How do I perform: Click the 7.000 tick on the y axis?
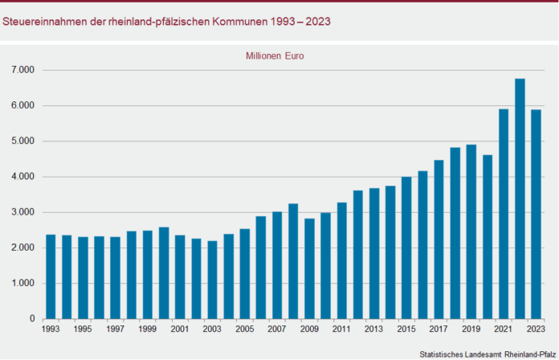23,70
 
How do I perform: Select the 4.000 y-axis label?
23,177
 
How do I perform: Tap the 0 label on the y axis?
32,319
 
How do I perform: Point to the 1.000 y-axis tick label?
23,284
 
